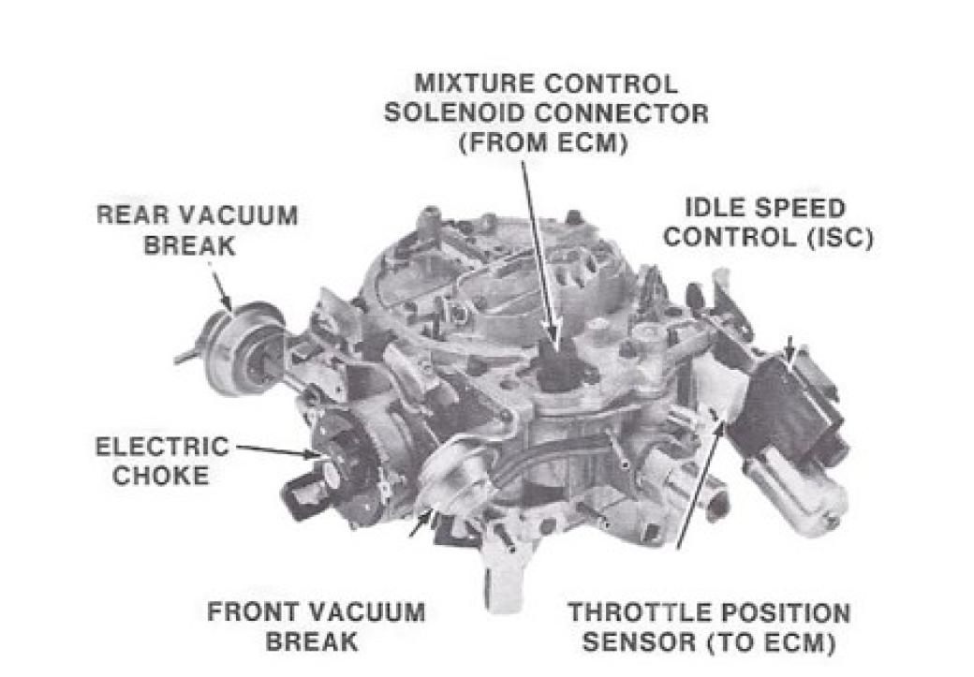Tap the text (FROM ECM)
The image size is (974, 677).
click(543, 143)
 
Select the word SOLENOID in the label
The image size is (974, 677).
click(453, 113)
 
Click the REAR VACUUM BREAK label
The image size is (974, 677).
click(197, 230)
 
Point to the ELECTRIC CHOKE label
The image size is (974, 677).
click(161, 461)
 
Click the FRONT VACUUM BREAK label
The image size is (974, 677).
click(316, 626)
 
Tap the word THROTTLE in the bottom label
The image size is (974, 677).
click(628, 613)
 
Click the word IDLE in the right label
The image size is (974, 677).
click(716, 208)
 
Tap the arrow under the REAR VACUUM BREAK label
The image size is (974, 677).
click(221, 288)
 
